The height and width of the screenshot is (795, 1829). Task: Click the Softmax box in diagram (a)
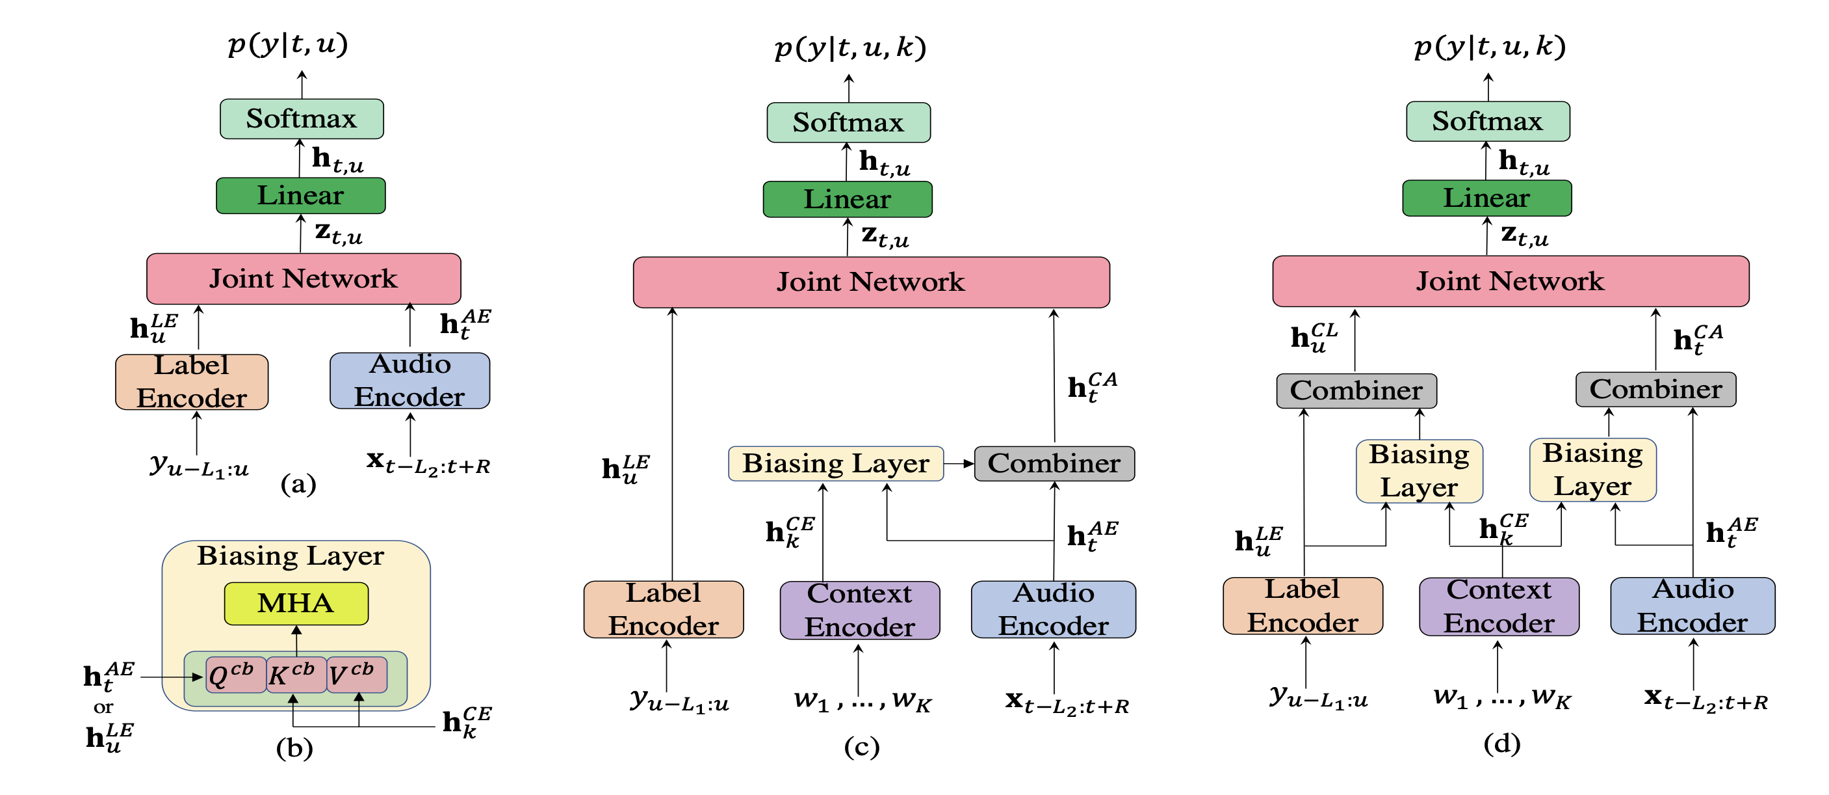coord(301,118)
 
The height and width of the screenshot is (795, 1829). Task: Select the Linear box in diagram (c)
coord(847,199)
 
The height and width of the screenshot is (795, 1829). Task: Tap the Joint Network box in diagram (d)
coord(1511,281)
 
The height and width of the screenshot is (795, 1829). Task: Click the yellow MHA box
coord(296,603)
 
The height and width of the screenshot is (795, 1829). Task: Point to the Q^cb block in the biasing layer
coord(235,674)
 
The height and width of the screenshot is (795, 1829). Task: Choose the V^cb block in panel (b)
coord(356,674)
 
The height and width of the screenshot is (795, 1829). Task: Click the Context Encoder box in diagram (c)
coord(859,610)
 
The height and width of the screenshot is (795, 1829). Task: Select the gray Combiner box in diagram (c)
coord(1054,463)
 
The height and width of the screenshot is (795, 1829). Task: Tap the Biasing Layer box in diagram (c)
coord(836,463)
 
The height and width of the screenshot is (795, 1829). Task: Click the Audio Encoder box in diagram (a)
coord(409,381)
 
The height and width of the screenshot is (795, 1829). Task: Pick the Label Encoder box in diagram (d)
coord(1303,606)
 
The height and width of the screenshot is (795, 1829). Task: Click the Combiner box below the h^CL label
coord(1356,391)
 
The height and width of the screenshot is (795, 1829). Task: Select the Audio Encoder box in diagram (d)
coord(1693,606)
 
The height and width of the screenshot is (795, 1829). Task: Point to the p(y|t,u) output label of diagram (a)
coord(287,44)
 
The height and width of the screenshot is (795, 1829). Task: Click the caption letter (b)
coord(294,748)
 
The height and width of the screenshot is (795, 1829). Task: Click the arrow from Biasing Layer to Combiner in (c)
coord(959,463)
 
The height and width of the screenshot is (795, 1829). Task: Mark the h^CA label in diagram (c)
coord(1092,386)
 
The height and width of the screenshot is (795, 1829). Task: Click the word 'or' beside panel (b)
coord(103,707)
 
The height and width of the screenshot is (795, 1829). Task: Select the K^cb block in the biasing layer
coord(295,674)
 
